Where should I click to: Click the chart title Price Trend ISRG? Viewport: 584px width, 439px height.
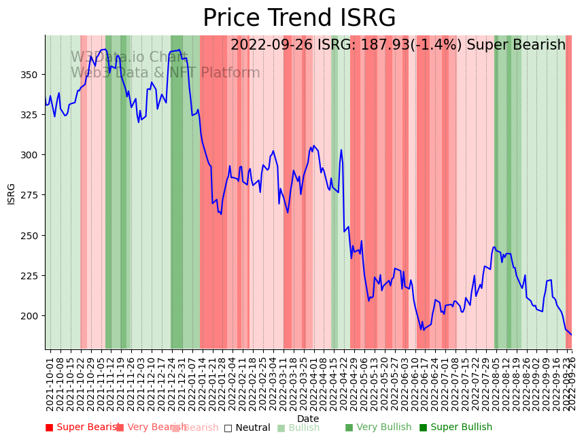click(x=299, y=18)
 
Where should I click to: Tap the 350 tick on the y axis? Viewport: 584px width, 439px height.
click(x=33, y=74)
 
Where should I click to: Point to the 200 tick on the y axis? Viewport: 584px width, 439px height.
click(x=33, y=316)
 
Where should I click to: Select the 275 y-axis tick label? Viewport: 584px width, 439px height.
click(x=33, y=195)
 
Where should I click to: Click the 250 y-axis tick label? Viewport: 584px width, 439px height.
click(x=33, y=235)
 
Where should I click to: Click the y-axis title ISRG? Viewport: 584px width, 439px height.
click(x=12, y=193)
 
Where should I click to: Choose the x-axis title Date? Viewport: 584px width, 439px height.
click(x=308, y=419)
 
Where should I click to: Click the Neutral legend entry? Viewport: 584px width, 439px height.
click(x=247, y=428)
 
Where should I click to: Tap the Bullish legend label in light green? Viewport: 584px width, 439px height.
click(x=303, y=428)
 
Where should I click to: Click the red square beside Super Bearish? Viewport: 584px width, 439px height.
click(x=49, y=427)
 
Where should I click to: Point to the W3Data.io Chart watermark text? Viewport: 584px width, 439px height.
click(x=129, y=58)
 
